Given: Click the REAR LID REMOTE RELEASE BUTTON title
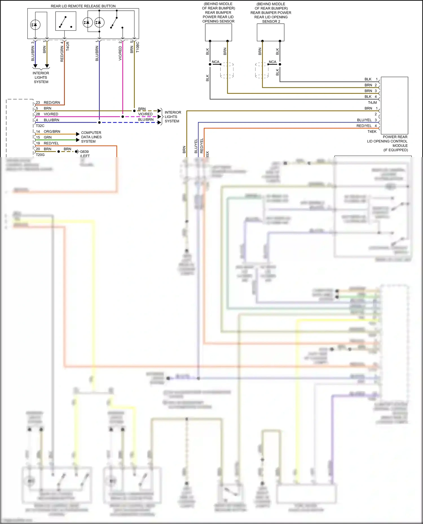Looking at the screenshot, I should pos(83,6).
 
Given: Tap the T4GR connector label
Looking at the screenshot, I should pos(68,46).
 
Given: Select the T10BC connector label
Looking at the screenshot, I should pos(138,47).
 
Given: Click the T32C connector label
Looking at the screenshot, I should pos(40,126).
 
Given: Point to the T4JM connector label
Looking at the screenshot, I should pos(372,102).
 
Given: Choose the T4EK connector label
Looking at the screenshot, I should pos(372,131).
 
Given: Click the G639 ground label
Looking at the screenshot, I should pos(84,151).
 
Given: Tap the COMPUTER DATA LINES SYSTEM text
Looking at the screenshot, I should pos(91,137).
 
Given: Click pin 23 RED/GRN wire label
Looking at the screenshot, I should pos(52,102).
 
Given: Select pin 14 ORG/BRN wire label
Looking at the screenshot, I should pos(52,131).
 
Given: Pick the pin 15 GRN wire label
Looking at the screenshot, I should pos(47,137).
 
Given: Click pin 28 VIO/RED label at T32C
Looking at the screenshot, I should pos(51,114).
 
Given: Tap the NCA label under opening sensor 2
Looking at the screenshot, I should pos(272,62).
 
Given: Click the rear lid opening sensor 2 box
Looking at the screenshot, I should pos(270,32).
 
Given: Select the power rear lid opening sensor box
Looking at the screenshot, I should pos(218,32).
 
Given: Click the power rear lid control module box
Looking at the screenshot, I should pos(394,105).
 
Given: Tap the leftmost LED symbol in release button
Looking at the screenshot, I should pos(35,25).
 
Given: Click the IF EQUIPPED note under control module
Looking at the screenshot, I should pos(395,150).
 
